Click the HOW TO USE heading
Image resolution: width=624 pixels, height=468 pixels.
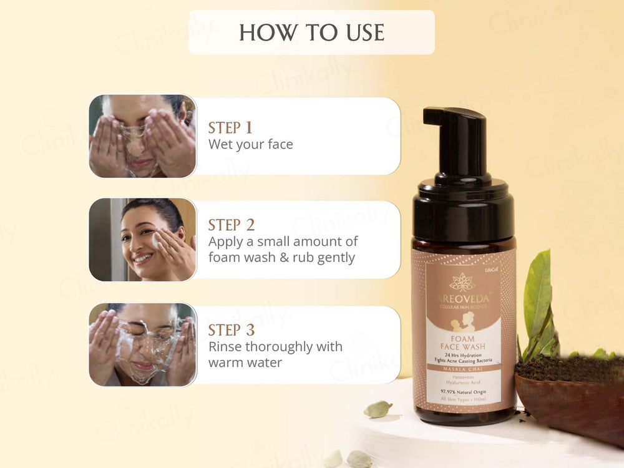311,32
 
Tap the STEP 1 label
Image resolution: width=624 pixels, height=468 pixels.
230,128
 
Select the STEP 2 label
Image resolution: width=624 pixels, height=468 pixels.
232,225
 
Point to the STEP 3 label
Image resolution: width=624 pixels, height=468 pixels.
232,330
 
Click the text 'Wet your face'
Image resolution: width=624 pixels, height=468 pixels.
250,144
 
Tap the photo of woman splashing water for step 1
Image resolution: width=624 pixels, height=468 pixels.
142,136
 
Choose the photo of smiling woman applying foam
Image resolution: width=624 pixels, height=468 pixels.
142,240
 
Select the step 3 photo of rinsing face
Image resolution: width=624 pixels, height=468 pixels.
142,344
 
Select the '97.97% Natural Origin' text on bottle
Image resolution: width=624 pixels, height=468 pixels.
462,391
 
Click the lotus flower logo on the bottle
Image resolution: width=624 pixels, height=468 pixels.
462,281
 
